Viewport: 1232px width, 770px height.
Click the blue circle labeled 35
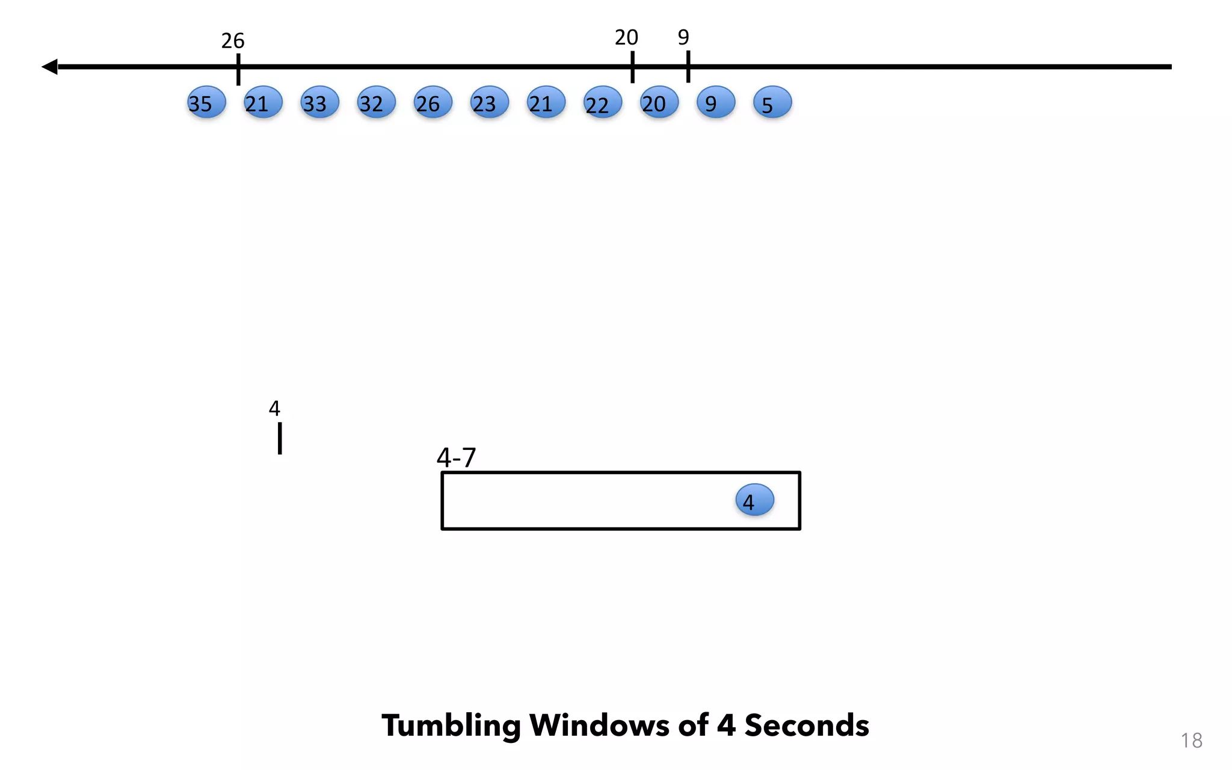(206, 102)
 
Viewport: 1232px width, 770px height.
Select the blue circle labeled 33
(319, 102)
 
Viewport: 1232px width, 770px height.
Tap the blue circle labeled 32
(376, 102)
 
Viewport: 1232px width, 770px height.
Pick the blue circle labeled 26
(433, 102)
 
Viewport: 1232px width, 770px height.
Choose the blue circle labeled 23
(489, 102)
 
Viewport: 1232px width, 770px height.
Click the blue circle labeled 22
(602, 102)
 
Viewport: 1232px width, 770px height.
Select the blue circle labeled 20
(659, 102)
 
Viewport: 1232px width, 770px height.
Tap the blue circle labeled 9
(715, 102)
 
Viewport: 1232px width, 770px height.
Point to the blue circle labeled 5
(772, 102)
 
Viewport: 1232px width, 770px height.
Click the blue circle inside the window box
(754, 500)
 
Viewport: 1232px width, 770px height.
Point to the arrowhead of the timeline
(50, 67)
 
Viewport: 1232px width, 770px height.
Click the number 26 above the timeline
(233, 41)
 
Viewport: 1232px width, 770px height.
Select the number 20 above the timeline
(626, 38)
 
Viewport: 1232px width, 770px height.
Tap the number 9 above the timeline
(683, 37)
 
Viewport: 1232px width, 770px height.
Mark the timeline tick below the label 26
(238, 69)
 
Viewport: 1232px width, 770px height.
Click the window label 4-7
(456, 458)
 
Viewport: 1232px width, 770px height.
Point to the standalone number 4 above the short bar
(274, 408)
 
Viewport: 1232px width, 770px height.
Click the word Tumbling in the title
(451, 726)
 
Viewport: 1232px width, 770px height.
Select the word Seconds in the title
(806, 725)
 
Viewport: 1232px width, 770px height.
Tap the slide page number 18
(1191, 741)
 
